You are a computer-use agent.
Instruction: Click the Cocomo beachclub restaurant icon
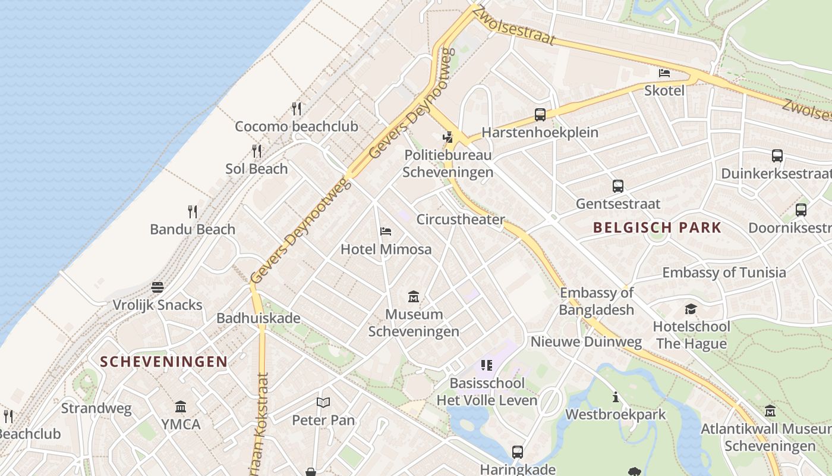[x=297, y=109]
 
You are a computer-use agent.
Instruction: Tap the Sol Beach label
[x=257, y=169]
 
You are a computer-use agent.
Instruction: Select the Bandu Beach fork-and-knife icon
[x=193, y=212]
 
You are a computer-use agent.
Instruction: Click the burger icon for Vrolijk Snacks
[x=157, y=288]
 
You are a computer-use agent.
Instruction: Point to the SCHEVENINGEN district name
[x=163, y=362]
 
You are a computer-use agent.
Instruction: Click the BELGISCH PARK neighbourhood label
[x=657, y=227]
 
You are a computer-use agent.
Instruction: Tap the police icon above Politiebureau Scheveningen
[x=448, y=137]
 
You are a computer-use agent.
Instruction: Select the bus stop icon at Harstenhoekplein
[x=540, y=115]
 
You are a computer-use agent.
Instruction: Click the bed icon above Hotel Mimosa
[x=386, y=231]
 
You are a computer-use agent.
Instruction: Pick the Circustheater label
[x=461, y=220]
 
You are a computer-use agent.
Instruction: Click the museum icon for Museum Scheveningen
[x=414, y=296]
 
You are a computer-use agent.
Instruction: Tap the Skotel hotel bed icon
[x=664, y=73]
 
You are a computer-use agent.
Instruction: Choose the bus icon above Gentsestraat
[x=618, y=186]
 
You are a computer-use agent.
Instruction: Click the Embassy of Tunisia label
[x=724, y=273]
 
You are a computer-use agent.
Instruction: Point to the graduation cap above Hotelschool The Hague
[x=691, y=309]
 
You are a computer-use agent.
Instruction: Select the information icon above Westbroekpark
[x=616, y=397]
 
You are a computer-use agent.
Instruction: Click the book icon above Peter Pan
[x=323, y=403]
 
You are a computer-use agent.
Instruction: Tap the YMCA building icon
[x=181, y=407]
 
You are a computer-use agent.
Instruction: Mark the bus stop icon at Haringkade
[x=518, y=452]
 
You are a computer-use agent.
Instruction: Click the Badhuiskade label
[x=259, y=318]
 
